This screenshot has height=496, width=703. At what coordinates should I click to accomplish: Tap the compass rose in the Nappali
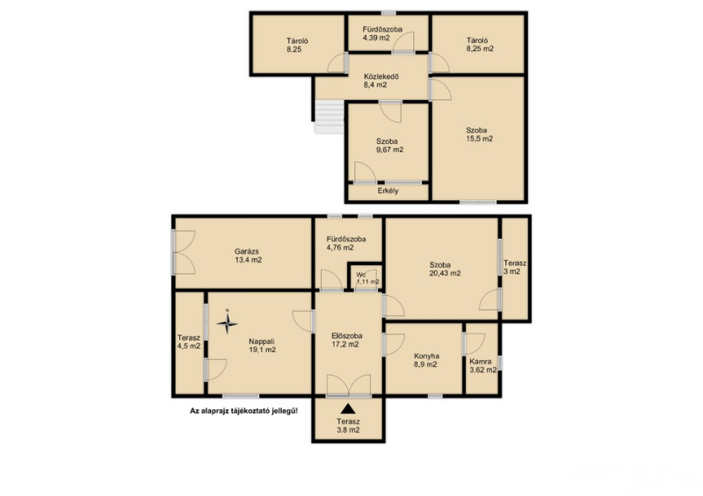click(228, 322)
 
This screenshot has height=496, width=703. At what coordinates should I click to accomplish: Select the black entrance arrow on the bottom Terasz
click(348, 408)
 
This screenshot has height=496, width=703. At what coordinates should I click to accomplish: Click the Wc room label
click(361, 275)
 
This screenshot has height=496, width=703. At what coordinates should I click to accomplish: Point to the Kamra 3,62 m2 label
click(482, 365)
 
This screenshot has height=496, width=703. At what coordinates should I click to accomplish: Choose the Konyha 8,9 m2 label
click(426, 360)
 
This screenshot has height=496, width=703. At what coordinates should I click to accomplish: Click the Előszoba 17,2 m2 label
click(346, 340)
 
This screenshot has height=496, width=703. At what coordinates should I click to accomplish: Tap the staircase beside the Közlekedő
click(329, 117)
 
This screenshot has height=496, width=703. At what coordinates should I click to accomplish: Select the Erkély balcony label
click(388, 190)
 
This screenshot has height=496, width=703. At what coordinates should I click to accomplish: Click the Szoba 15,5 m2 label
click(479, 134)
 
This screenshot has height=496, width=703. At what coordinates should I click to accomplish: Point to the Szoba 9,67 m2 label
click(389, 146)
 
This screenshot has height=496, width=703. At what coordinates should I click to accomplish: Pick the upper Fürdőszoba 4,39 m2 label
click(382, 33)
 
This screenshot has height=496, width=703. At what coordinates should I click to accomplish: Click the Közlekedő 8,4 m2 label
click(381, 81)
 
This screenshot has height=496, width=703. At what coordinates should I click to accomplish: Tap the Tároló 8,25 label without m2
click(297, 46)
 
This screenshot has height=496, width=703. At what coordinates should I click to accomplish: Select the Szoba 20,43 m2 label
click(445, 269)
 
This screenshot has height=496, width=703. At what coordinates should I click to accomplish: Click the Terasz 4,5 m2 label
click(189, 341)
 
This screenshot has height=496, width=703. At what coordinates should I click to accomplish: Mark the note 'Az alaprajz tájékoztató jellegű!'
click(244, 411)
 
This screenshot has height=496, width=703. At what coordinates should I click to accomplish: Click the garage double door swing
click(185, 252)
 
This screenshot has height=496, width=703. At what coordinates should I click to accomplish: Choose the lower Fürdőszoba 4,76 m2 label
click(345, 243)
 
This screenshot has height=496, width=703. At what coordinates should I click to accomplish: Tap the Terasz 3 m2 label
click(515, 268)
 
